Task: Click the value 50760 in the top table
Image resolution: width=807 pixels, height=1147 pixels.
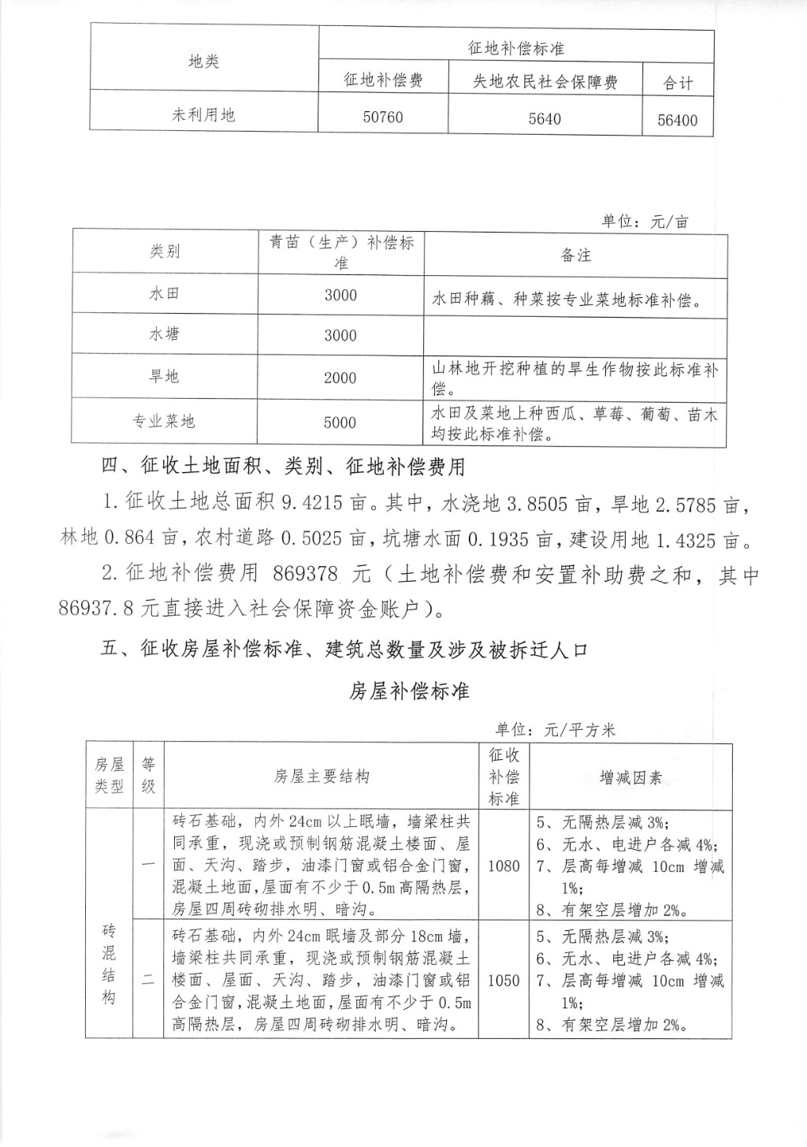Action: coord(383,117)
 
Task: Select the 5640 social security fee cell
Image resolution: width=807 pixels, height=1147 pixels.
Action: coord(545,119)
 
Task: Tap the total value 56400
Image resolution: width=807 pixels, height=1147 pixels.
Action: coord(678,121)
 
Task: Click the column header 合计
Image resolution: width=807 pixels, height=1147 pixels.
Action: coord(678,83)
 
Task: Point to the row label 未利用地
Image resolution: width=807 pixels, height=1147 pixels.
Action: coord(204,115)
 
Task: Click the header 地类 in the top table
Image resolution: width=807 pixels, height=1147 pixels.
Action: coord(204,61)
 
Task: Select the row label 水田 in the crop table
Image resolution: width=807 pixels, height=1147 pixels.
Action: coord(165,294)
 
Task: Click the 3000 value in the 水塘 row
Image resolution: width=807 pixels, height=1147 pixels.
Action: coord(340,336)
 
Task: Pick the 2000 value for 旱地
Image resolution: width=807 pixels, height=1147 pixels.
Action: coord(340,378)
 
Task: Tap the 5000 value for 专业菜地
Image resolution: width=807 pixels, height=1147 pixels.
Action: coord(340,423)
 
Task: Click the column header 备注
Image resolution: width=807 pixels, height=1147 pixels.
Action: coord(575,255)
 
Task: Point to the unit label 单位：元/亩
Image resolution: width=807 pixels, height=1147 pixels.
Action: coord(645,222)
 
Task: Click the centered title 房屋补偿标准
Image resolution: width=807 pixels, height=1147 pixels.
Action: coord(409,691)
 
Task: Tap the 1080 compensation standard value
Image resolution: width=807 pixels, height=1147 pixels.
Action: coord(504,866)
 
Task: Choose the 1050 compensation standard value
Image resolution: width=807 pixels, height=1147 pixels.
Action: coord(504,981)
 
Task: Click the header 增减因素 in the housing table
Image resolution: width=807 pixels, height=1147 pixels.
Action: coord(630,778)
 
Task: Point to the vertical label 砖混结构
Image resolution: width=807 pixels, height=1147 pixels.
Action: coord(109,964)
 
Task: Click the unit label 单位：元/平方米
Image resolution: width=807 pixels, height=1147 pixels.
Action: coord(555,730)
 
